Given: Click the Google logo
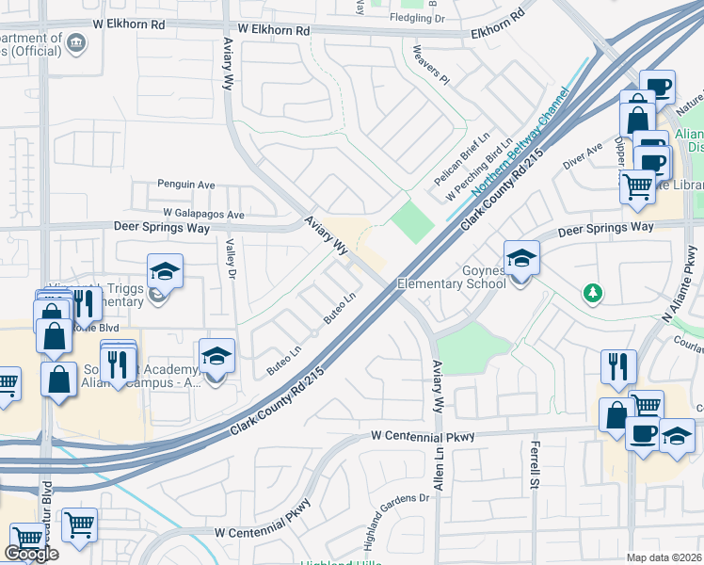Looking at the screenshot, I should (x=31, y=554).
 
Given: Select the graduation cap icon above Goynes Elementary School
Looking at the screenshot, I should (x=521, y=257).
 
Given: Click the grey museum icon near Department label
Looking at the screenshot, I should (x=76, y=42).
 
